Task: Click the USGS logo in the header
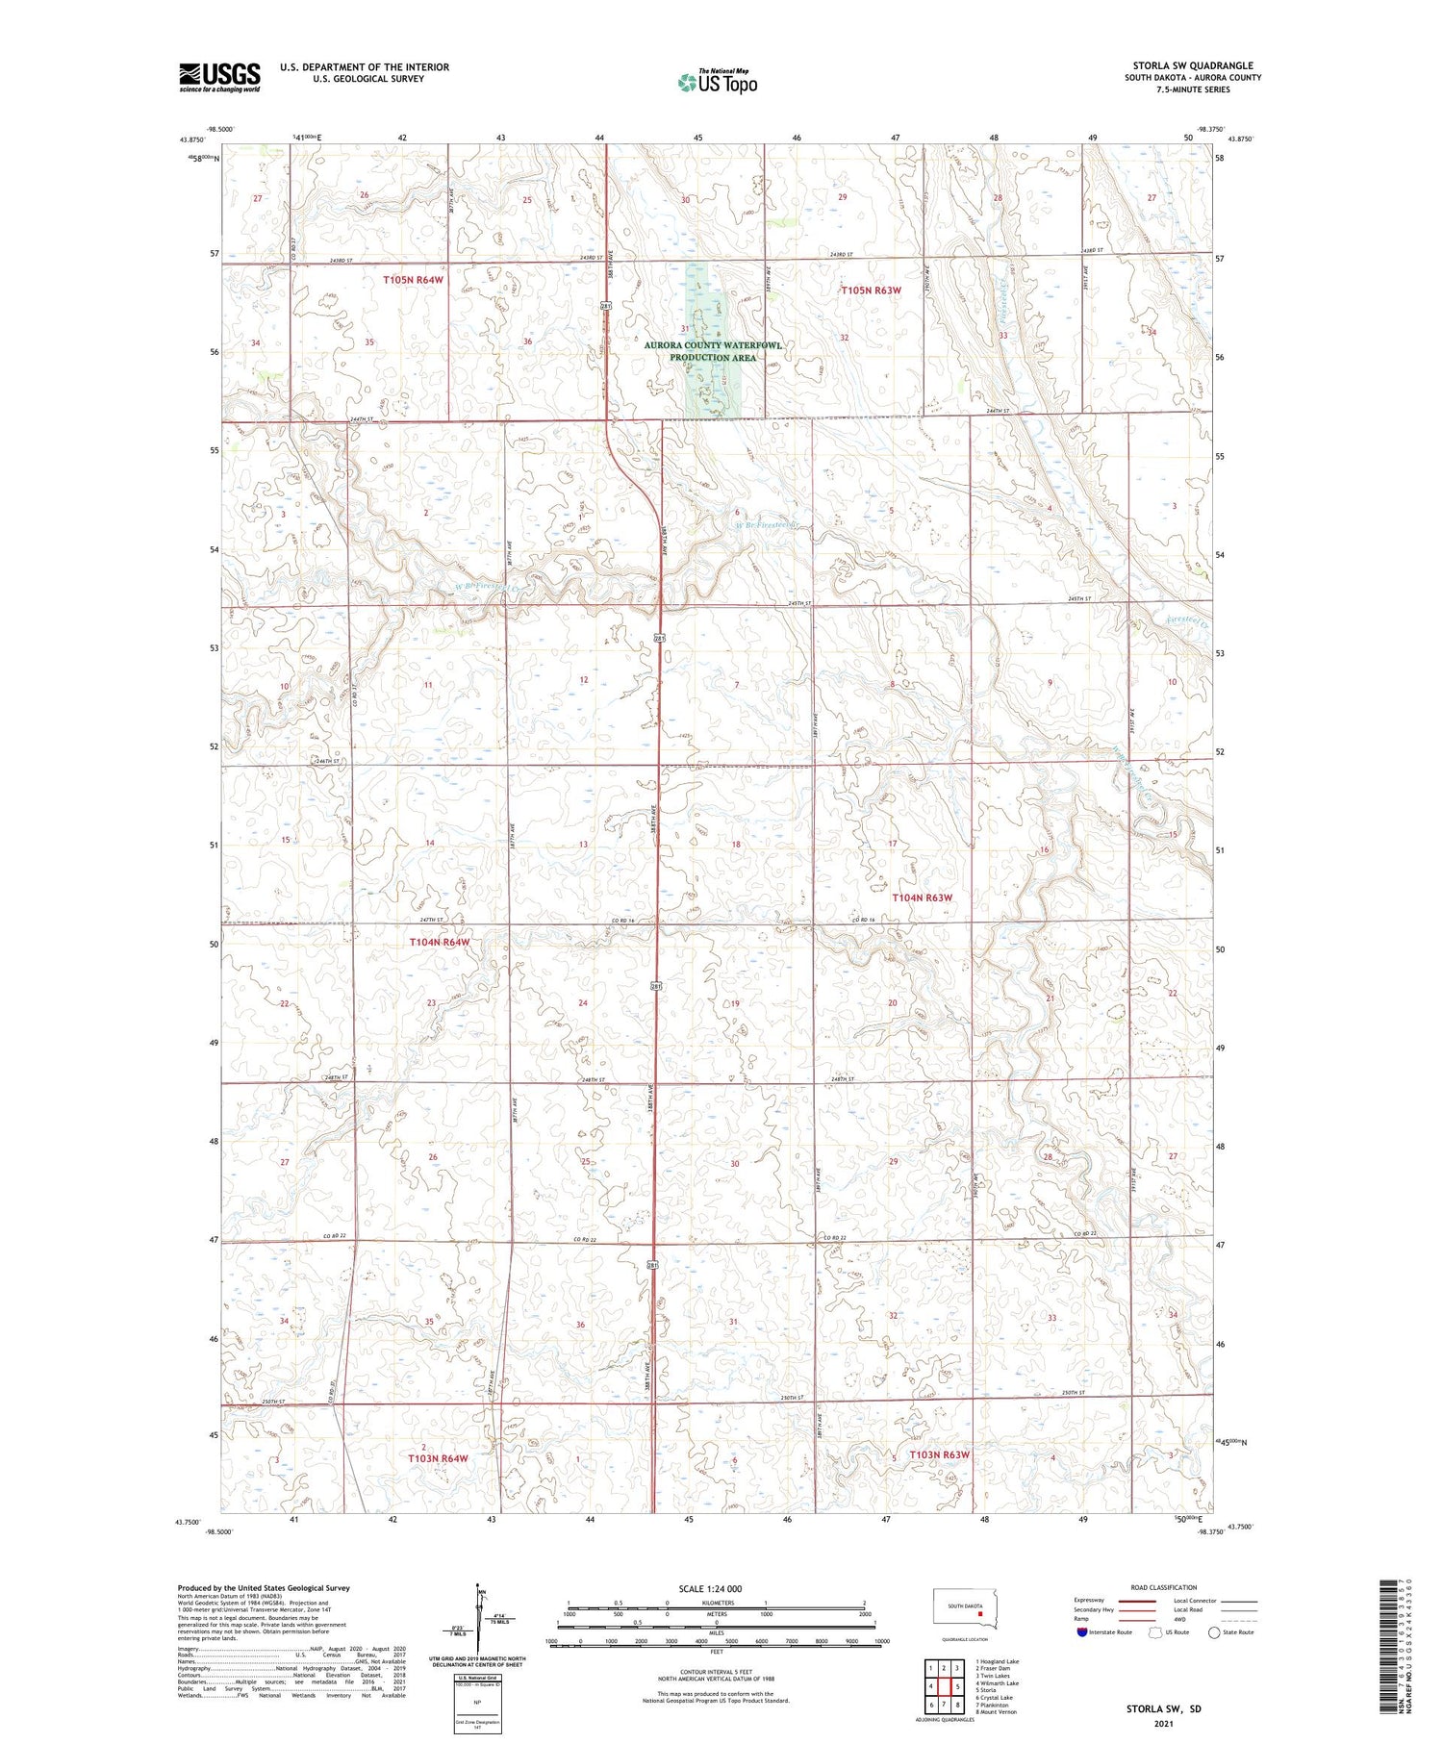click(x=219, y=77)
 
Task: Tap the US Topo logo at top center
click(x=717, y=82)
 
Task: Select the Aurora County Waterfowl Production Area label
click(x=714, y=351)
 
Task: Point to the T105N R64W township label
click(x=414, y=280)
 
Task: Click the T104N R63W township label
click(x=922, y=897)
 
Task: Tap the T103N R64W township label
click(x=438, y=1458)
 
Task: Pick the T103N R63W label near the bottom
click(x=939, y=1455)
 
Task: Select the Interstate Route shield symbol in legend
click(x=1082, y=1631)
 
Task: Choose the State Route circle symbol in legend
click(x=1214, y=1631)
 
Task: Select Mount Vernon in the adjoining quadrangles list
click(x=997, y=1711)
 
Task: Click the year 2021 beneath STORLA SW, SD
click(x=1164, y=1722)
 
